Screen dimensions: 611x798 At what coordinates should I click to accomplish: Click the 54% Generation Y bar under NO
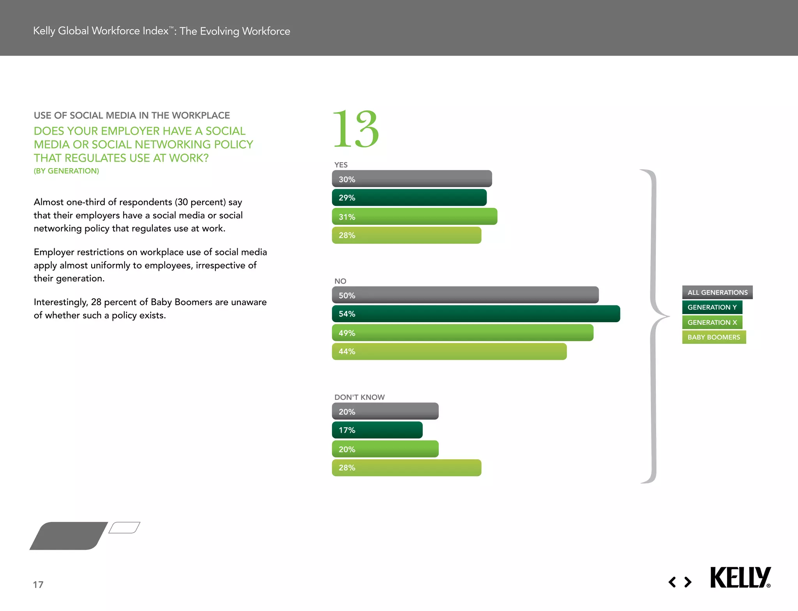coord(475,314)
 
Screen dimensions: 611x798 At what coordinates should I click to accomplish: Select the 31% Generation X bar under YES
coord(414,216)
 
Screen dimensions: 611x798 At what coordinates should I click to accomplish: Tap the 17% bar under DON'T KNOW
coord(377,430)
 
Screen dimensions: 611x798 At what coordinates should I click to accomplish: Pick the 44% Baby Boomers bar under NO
coord(449,351)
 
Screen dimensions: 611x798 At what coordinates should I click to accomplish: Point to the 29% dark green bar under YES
coord(409,197)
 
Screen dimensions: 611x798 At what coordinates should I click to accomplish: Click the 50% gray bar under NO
coord(465,295)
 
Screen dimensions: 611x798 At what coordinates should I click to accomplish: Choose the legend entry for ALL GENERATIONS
coord(717,292)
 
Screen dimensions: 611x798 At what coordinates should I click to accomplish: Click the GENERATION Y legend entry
coord(712,307)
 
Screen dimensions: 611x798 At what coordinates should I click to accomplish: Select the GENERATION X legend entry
coord(712,322)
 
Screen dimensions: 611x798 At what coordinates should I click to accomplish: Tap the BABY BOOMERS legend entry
coord(713,337)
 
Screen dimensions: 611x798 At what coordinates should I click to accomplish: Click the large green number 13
coord(355,129)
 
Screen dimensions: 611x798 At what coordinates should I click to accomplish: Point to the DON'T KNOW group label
coord(359,397)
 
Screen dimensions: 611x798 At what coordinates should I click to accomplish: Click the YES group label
coord(341,165)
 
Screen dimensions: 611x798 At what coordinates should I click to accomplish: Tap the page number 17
coord(38,585)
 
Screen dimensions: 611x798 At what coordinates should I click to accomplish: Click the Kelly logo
coord(740,578)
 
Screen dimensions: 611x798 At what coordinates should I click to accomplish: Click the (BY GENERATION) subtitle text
coord(66,171)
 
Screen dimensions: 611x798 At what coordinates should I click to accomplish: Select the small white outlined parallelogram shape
coord(124,528)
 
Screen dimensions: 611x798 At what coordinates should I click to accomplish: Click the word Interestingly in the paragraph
coord(60,302)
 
